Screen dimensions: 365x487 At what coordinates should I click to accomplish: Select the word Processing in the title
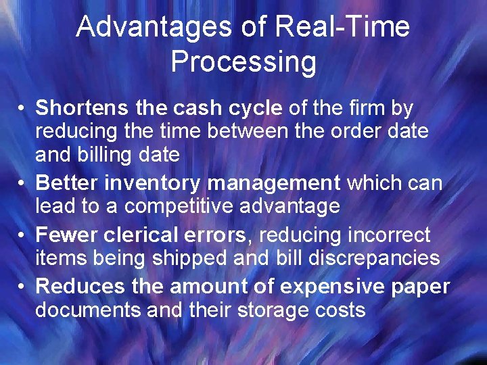(x=243, y=62)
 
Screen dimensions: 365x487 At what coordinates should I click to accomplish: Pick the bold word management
(x=273, y=183)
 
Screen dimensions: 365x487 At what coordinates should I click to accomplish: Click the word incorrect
(x=388, y=235)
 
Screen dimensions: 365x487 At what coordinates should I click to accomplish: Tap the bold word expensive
(x=332, y=287)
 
